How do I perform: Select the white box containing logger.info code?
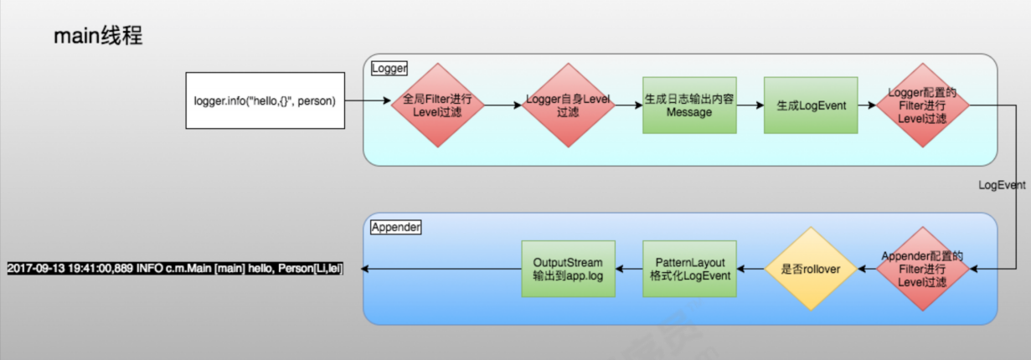265,101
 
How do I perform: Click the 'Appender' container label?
395,227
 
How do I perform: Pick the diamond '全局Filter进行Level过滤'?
438,105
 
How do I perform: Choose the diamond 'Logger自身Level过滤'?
568,105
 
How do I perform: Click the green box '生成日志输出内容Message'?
689,105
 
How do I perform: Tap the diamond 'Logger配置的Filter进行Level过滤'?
922,105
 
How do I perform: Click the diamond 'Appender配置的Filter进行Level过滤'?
922,269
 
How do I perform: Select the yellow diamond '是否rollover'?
810,269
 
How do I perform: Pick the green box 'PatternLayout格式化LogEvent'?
689,269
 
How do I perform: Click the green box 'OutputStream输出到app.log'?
568,269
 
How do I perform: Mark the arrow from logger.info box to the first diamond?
369,101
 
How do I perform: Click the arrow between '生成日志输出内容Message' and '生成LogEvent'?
750,105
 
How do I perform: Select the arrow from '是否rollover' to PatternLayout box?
750,269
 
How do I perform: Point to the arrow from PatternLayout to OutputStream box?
628,269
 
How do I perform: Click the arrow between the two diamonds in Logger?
503,105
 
